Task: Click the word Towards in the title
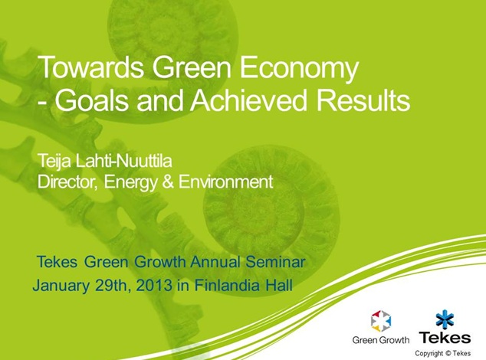[90, 67]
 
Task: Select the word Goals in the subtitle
[92, 100]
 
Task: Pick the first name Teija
[55, 161]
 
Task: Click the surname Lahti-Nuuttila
[123, 161]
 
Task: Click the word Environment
[225, 182]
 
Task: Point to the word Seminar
[275, 262]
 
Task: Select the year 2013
[153, 285]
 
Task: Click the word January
[61, 286]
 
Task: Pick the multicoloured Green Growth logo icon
[381, 321]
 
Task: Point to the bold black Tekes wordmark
[445, 337]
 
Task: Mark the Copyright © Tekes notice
[442, 353]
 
